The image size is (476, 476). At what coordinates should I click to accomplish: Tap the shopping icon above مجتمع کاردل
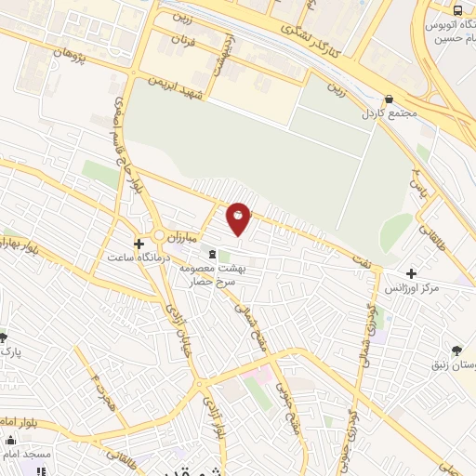pyautogui.click(x=387, y=100)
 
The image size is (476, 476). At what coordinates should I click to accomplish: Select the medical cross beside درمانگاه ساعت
pyautogui.click(x=139, y=245)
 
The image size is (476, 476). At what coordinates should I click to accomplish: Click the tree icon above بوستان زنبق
pyautogui.click(x=456, y=350)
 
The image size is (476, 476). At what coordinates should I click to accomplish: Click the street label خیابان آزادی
pyautogui.click(x=177, y=325)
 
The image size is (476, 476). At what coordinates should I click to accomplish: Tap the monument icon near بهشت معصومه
pyautogui.click(x=213, y=255)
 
